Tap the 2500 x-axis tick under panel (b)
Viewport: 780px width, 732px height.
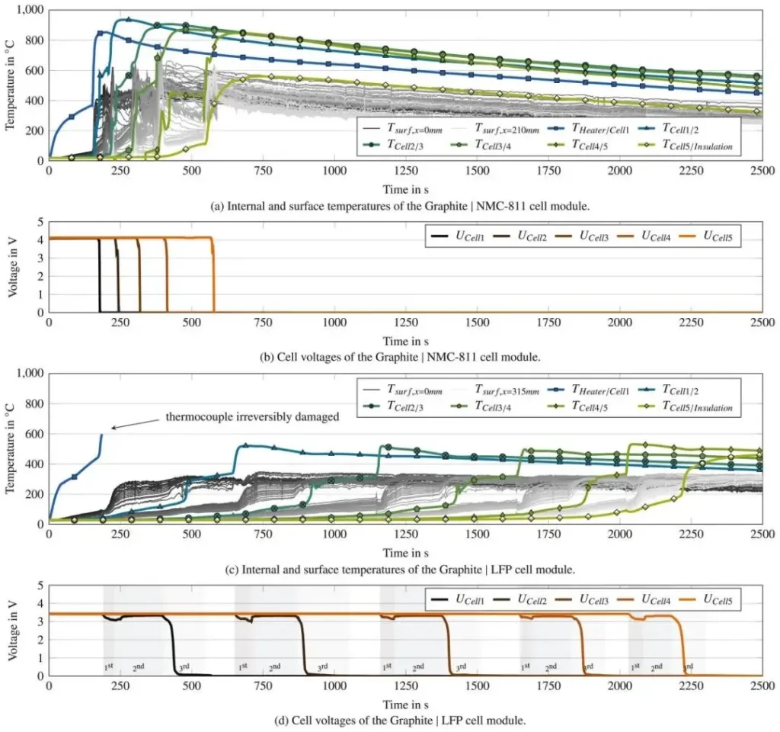[x=762, y=323]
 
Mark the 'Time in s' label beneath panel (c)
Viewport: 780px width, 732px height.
[x=405, y=552]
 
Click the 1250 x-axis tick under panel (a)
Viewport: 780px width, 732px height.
[x=477, y=172]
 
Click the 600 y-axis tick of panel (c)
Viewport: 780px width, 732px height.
[x=34, y=434]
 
